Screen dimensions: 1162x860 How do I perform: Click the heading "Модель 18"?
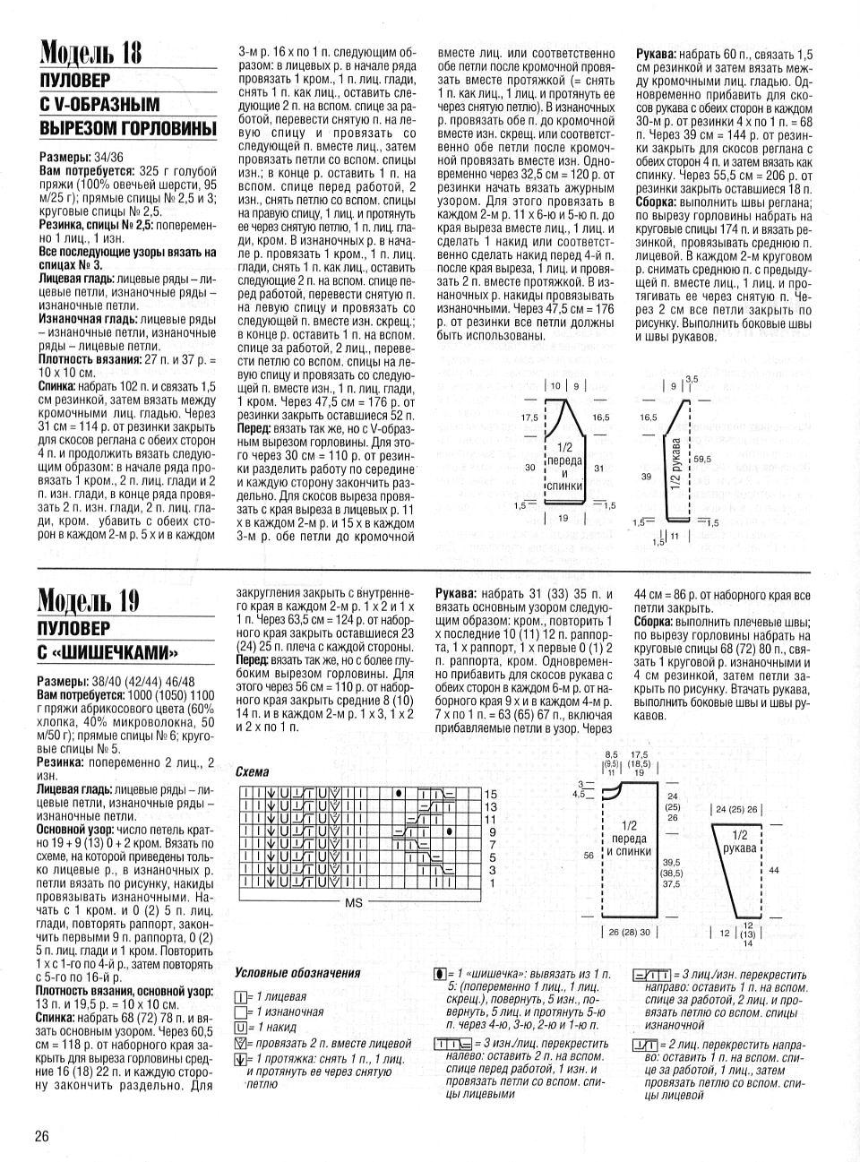pyautogui.click(x=90, y=53)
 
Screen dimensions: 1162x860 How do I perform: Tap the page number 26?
pyautogui.click(x=41, y=1137)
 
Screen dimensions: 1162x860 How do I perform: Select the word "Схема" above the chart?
pyautogui.click(x=252, y=771)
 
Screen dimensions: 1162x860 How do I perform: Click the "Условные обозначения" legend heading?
pyautogui.click(x=297, y=973)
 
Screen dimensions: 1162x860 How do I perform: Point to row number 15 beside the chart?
pyautogui.click(x=490, y=795)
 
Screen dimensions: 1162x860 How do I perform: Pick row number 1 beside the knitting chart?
pyautogui.click(x=490, y=882)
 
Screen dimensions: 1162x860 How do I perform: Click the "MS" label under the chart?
pyautogui.click(x=353, y=903)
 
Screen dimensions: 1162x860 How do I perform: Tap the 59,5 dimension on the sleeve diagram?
pyautogui.click(x=701, y=459)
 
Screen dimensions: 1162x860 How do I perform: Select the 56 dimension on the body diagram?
pyautogui.click(x=589, y=856)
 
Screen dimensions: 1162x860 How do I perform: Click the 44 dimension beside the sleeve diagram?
pyautogui.click(x=774, y=870)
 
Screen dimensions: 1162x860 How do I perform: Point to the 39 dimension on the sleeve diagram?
pyautogui.click(x=646, y=478)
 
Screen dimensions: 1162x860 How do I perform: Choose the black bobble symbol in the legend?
pyautogui.click(x=439, y=973)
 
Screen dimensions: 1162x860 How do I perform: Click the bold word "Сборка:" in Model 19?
pyautogui.click(x=660, y=621)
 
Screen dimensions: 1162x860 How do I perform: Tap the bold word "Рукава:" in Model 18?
pyautogui.click(x=661, y=54)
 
